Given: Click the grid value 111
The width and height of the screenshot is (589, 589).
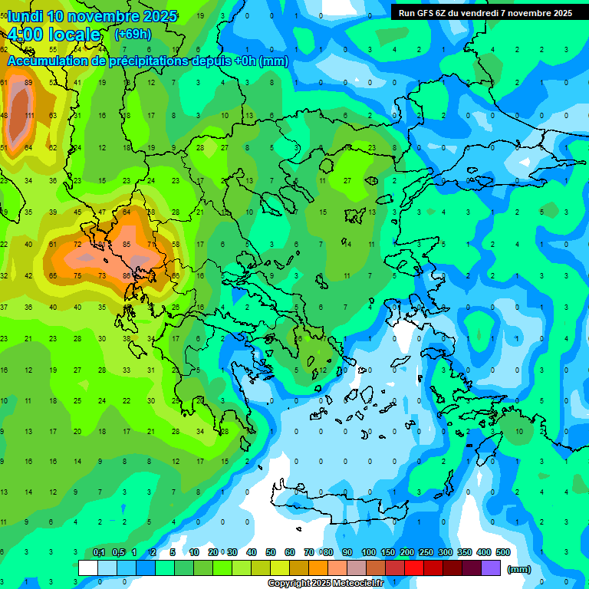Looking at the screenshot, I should point(29,116).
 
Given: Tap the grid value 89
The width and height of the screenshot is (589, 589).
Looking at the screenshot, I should point(29,82).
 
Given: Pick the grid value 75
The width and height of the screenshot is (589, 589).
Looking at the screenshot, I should point(77,275).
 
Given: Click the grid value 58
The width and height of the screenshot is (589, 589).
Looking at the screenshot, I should point(176,245).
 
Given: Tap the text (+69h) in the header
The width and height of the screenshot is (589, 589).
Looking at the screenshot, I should point(133,35).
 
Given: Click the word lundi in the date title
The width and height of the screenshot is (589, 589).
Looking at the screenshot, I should point(29,16).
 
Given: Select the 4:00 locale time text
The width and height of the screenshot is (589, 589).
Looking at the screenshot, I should point(54,35).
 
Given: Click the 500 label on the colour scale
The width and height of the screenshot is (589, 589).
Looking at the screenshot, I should point(503,552).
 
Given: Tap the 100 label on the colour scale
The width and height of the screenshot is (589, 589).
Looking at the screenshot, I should point(369,552).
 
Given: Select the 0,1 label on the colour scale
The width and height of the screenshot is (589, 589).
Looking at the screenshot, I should point(99,552).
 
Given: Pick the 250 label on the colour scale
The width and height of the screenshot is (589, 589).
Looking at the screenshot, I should point(426,552).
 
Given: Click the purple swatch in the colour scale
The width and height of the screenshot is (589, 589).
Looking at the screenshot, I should point(491,568).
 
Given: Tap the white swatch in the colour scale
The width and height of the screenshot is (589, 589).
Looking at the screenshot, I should point(88,568).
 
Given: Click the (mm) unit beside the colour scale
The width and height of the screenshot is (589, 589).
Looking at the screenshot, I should point(519,569).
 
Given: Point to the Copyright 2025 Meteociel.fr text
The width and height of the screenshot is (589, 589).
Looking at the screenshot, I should point(326,584).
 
